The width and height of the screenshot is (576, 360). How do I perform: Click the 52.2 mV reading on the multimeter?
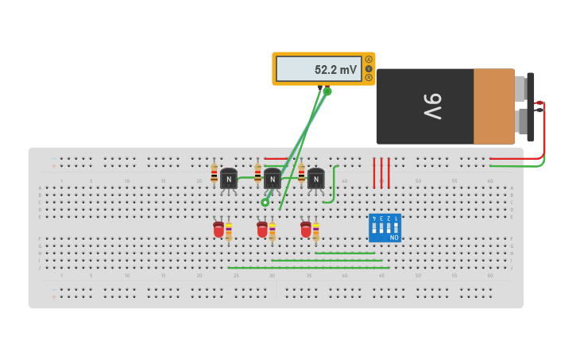coord(335,70)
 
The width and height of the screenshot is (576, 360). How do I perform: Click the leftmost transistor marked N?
coord(229,180)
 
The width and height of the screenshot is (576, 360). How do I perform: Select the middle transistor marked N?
coord(273,180)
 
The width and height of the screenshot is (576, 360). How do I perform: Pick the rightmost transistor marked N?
coord(316,180)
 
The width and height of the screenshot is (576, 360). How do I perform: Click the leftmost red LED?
coord(218,230)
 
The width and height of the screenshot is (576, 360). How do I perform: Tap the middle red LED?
coord(262,230)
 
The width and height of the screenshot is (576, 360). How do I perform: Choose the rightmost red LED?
coord(306,230)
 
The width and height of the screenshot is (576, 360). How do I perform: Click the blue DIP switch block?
coord(385,228)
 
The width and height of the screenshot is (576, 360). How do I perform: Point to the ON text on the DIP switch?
coord(394,237)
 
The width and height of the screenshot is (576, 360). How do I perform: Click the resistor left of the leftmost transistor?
coord(215,173)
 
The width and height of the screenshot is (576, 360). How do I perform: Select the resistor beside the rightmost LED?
coord(315,231)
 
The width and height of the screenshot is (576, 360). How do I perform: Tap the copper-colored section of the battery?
coord(493,106)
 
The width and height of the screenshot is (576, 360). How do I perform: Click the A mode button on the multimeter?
coord(369,60)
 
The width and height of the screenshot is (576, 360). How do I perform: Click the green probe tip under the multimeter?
coord(327,91)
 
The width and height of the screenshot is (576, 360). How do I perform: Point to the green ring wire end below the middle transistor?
coord(265,203)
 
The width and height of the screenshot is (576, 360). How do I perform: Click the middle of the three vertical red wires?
coord(381,172)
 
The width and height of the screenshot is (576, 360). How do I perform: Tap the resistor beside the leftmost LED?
coord(229,231)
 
